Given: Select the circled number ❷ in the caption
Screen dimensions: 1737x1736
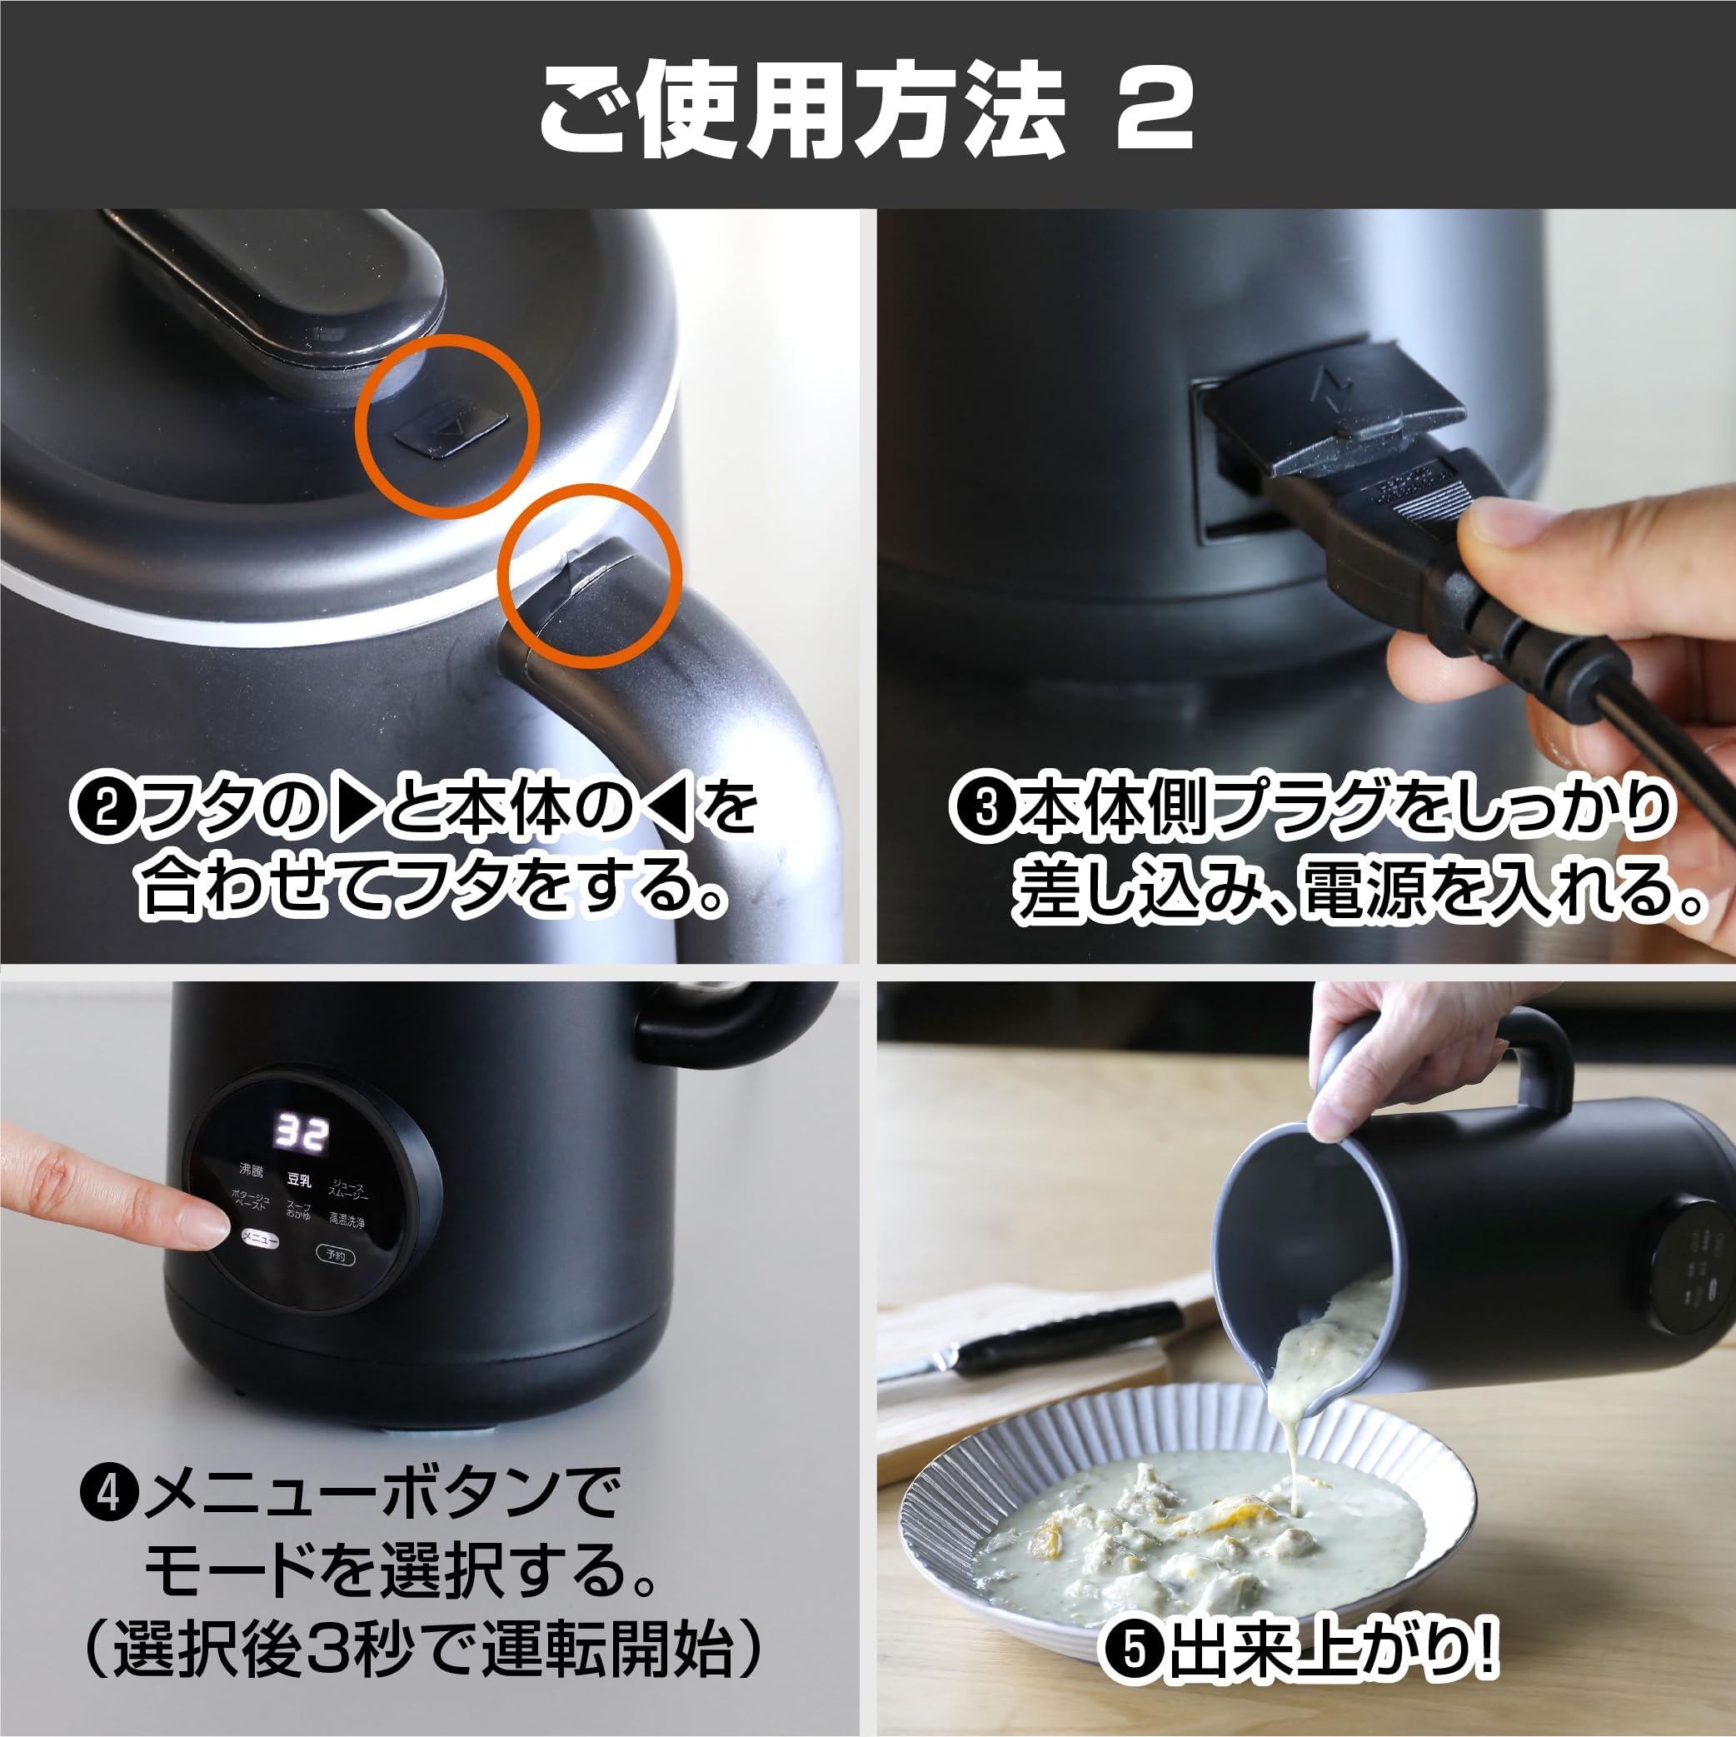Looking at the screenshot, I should pyautogui.click(x=101, y=808).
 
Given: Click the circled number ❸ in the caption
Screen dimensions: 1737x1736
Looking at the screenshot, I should pyautogui.click(x=986, y=806).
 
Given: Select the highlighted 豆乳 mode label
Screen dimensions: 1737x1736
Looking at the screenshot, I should pyautogui.click(x=298, y=1179).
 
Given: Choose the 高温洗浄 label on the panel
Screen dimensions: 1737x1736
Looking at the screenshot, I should pyautogui.click(x=347, y=1221).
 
